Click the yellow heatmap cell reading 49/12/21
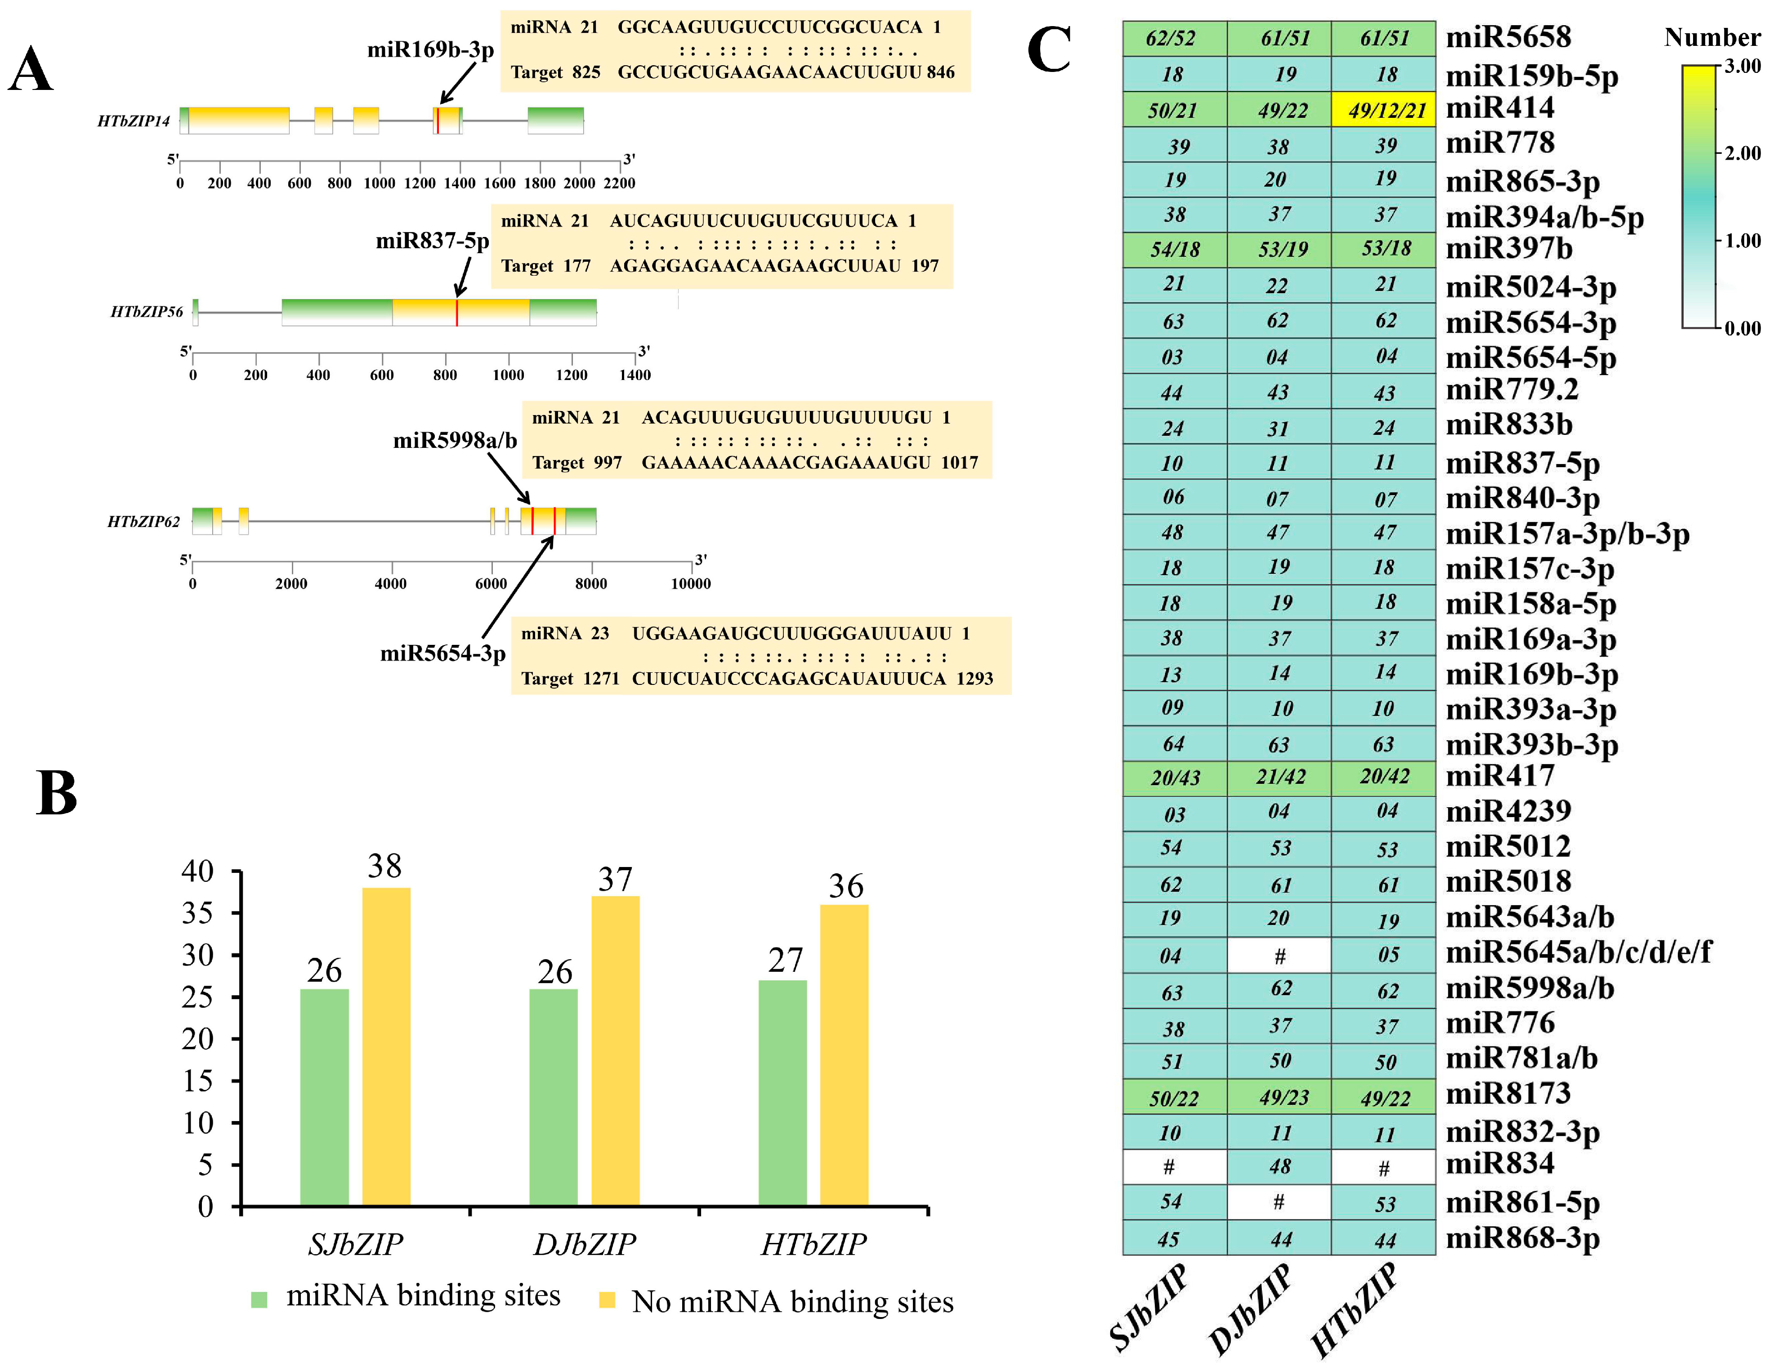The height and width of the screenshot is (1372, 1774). (x=1383, y=110)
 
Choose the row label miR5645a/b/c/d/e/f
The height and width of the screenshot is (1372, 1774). (x=1578, y=952)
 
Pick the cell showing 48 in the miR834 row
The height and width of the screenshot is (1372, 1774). (x=1279, y=1166)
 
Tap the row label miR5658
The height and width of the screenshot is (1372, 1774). (x=1508, y=37)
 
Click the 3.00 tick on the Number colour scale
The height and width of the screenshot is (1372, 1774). (x=1743, y=66)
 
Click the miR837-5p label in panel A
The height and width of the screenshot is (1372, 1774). (x=432, y=241)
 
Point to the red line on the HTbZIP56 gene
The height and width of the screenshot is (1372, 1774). (x=456, y=313)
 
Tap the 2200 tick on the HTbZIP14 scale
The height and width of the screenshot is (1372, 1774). (x=619, y=183)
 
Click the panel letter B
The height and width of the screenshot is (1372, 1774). (x=56, y=793)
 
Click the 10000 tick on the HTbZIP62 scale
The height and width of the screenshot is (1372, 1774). (x=690, y=583)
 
